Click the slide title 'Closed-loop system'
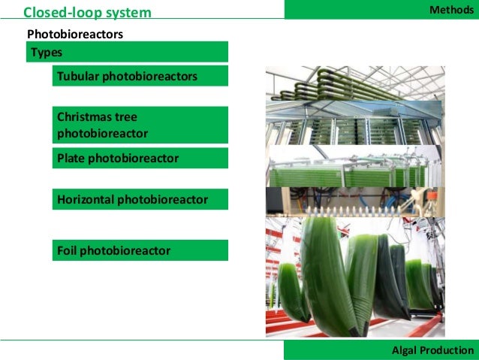pyautogui.click(x=87, y=13)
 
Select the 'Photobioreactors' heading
pyautogui.click(x=75, y=35)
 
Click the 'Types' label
pyautogui.click(x=47, y=53)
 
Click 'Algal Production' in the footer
pyautogui.click(x=433, y=350)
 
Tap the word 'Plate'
pyautogui.click(x=71, y=159)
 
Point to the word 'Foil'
pyautogui.click(x=67, y=250)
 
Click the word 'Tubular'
pyautogui.click(x=78, y=77)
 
